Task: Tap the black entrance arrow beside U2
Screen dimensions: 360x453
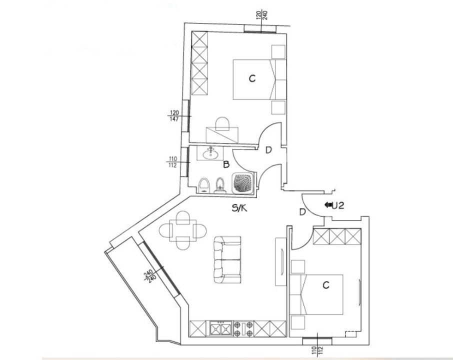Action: click(x=328, y=204)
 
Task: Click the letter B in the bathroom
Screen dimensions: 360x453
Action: click(x=226, y=163)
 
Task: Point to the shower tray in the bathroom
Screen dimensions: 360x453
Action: click(x=244, y=182)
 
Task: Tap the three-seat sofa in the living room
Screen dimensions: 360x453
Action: click(x=227, y=258)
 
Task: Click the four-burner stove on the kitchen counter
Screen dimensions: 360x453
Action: click(x=242, y=328)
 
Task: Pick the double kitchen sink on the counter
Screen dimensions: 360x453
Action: click(x=220, y=328)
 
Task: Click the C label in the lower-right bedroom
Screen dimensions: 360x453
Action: click(x=325, y=285)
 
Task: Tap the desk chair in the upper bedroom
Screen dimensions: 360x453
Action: click(x=222, y=123)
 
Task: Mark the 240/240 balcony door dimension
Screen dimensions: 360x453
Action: click(x=148, y=276)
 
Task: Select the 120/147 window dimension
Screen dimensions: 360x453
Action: click(x=174, y=115)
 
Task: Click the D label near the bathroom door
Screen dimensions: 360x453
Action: click(x=268, y=149)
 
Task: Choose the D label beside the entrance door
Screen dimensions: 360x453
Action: click(x=302, y=212)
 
